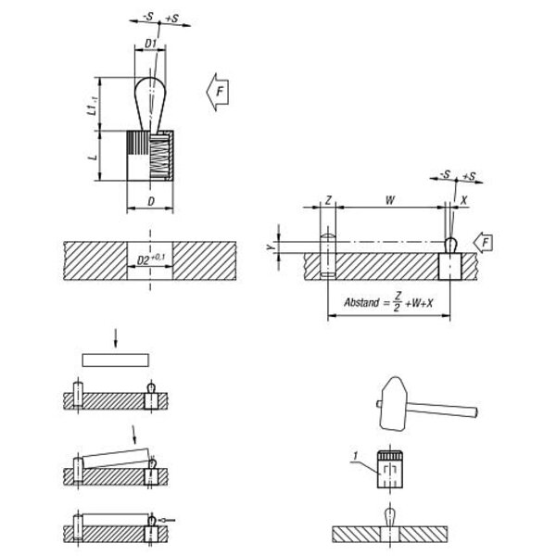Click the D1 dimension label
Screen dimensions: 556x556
point(150,44)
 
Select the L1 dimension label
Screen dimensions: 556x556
point(92,106)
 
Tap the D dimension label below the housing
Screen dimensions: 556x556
point(151,201)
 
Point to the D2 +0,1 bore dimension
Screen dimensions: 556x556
point(151,259)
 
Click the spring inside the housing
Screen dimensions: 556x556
point(158,156)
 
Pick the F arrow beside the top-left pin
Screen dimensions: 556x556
point(218,92)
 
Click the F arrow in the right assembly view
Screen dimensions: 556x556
point(484,243)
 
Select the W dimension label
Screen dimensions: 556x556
point(390,200)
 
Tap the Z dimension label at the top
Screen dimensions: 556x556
point(328,200)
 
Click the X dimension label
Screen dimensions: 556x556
point(464,200)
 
